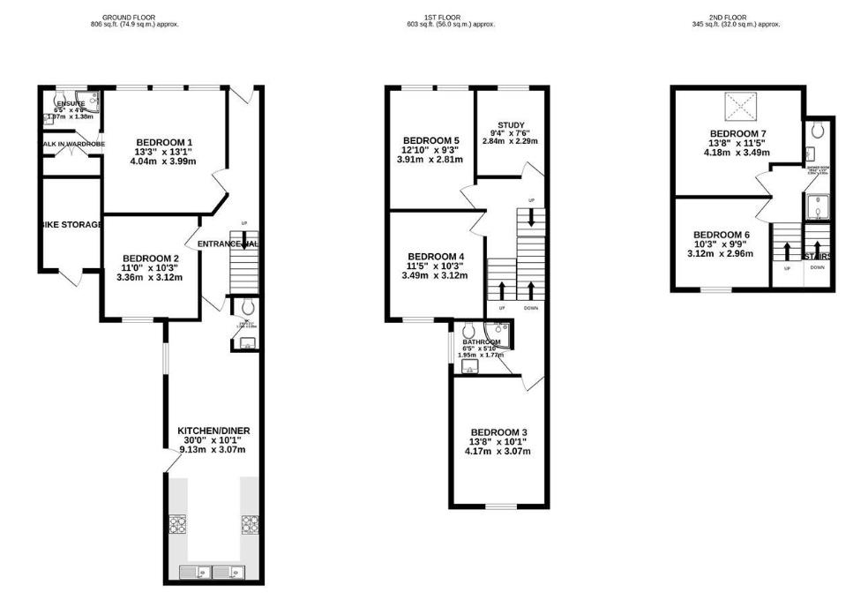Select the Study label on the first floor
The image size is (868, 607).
tap(511, 124)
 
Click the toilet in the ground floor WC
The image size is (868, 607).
tap(247, 307)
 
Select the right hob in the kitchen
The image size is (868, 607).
tap(250, 525)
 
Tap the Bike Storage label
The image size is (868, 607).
tap(71, 224)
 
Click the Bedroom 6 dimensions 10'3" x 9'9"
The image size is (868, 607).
tap(722, 244)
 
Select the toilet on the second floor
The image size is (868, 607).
tap(818, 131)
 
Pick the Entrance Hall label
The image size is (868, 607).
tap(228, 244)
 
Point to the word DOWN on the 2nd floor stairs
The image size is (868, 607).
tap(818, 266)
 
